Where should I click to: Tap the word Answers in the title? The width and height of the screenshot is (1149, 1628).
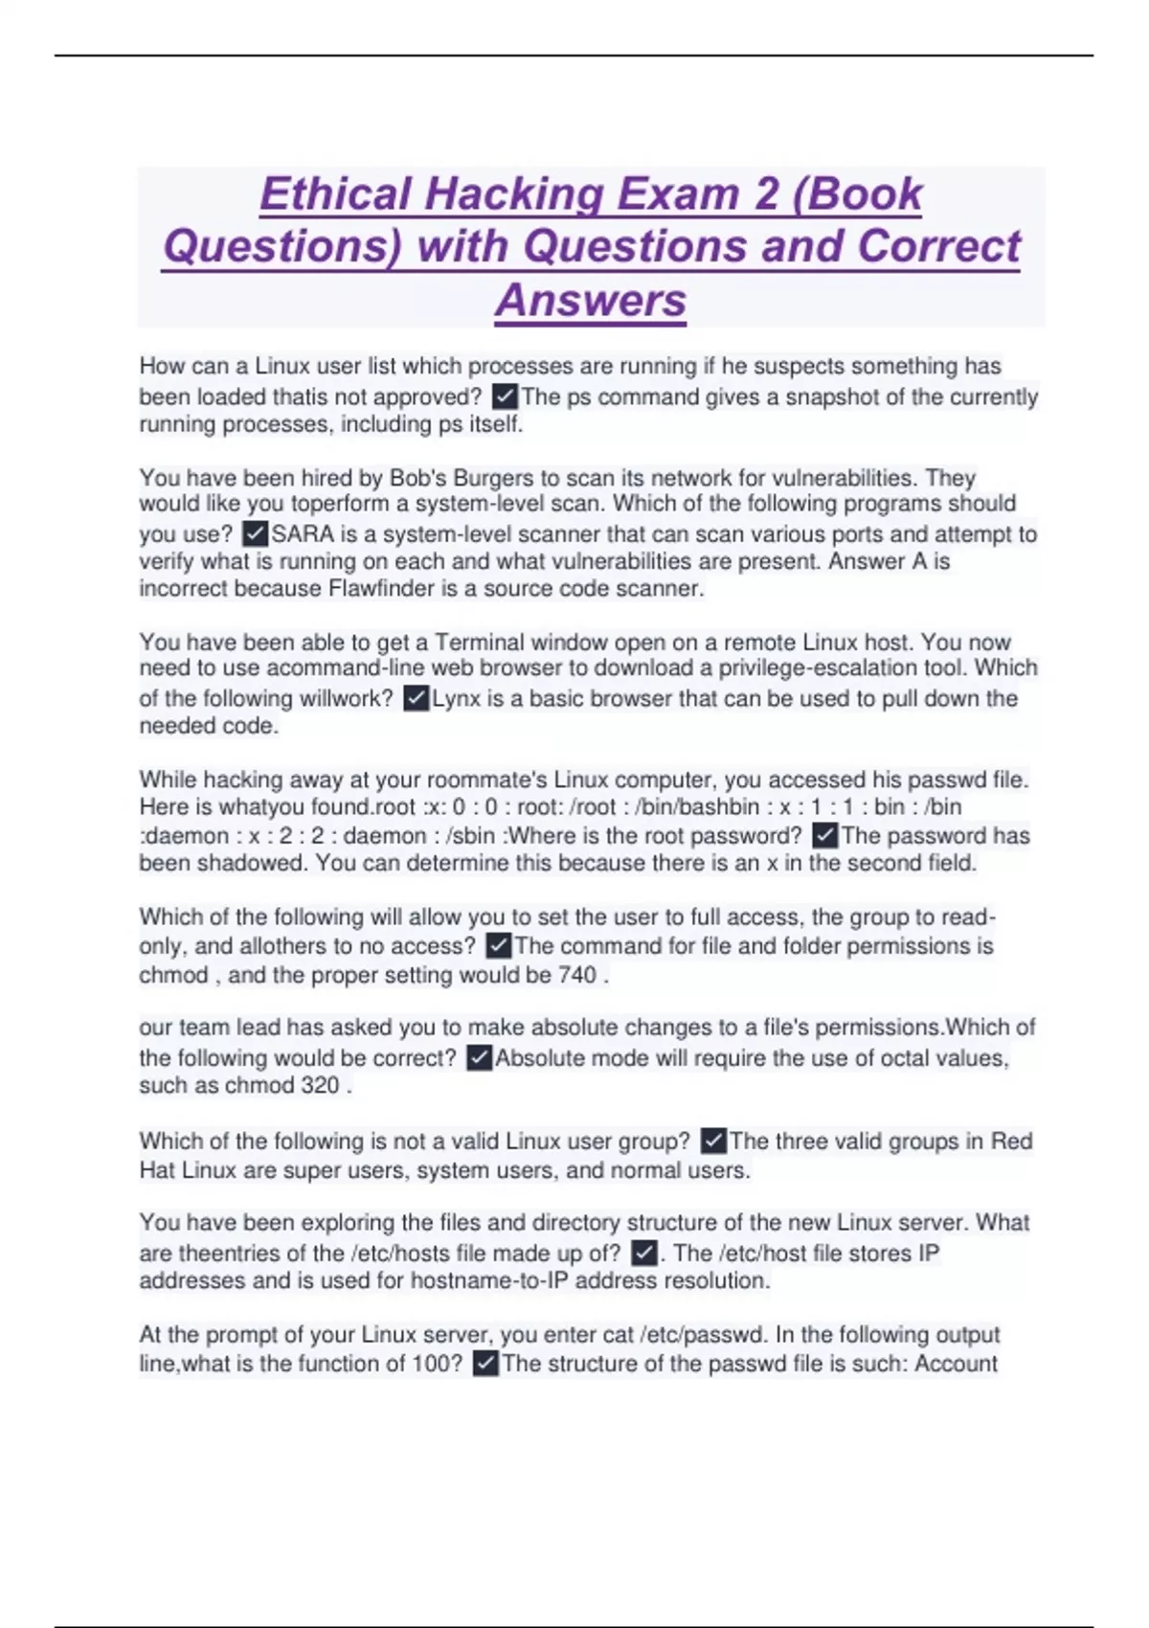tap(591, 300)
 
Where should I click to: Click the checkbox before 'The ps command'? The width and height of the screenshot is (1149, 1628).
tap(504, 396)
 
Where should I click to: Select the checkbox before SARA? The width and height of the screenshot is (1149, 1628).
tap(255, 533)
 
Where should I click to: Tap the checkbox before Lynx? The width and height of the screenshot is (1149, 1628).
tap(416, 698)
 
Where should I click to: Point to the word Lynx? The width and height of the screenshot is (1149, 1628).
tap(457, 698)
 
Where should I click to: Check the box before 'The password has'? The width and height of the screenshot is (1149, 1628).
tap(824, 835)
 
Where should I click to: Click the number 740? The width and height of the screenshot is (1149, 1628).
tap(577, 975)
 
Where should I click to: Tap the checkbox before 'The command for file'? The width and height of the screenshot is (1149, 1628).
tap(498, 946)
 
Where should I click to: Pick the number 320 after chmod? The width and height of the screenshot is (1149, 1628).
tap(320, 1085)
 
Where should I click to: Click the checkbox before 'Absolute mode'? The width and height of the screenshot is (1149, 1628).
tap(479, 1058)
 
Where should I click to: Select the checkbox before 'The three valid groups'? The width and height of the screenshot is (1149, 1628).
tap(713, 1141)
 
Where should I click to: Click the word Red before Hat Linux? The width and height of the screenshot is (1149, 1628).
tap(1011, 1141)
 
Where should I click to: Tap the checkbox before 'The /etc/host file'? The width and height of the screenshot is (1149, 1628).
tap(644, 1253)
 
